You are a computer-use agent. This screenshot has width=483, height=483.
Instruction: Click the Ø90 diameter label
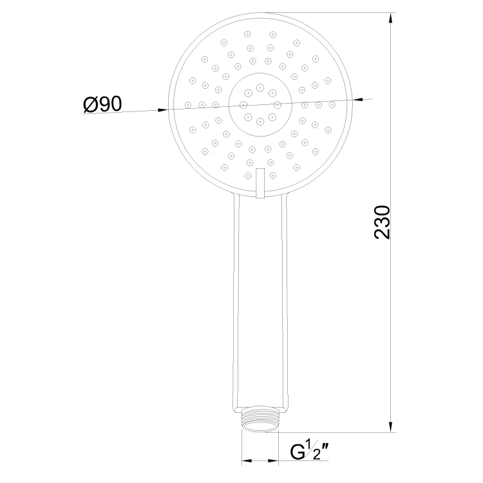102,104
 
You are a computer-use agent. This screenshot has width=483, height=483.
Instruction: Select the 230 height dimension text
382,222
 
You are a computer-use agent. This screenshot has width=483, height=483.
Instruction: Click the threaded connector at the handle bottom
260,420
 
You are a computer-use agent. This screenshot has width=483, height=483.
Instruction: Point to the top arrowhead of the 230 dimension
391,18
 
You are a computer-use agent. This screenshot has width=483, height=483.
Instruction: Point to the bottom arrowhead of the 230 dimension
391,426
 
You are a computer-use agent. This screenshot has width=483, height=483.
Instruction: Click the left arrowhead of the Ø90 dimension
163,110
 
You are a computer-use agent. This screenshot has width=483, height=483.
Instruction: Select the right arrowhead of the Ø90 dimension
357,99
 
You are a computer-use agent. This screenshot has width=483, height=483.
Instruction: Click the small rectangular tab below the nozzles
261,183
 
